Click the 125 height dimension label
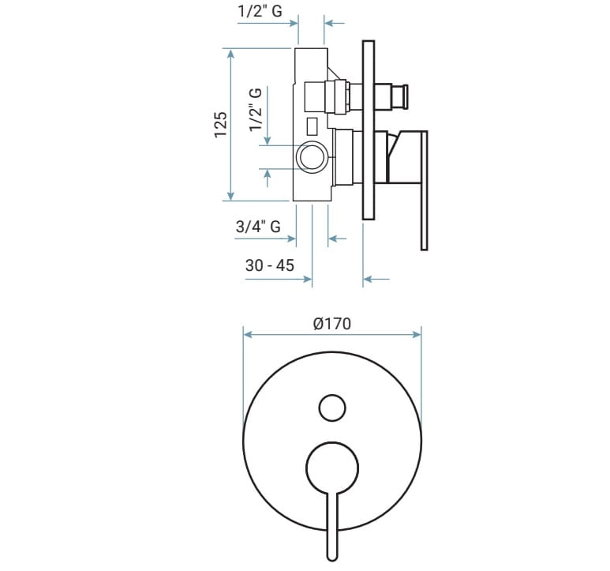click(x=221, y=125)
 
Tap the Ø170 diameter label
click(x=332, y=324)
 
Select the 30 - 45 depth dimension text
click(x=270, y=265)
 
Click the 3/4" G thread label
click(x=258, y=226)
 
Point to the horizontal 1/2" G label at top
click(x=260, y=11)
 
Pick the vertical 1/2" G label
click(x=256, y=110)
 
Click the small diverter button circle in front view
click(x=332, y=408)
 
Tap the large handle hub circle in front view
click(x=332, y=467)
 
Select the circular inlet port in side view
click(x=312, y=157)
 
